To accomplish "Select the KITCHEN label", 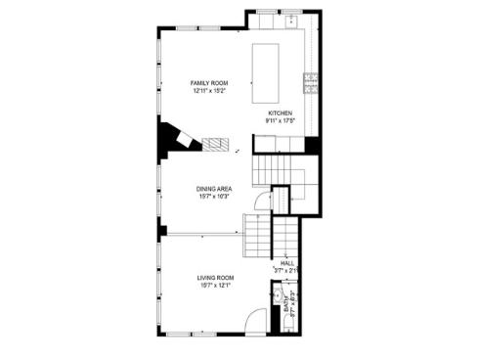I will [281, 112].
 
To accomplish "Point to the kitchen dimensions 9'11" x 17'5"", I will [281, 120].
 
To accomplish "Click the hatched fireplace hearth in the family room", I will [214, 145].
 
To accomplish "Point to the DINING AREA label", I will [213, 189].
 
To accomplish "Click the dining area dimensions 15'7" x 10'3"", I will [213, 197].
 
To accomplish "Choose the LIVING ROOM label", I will [215, 278].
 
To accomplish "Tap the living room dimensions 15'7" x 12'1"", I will [215, 286].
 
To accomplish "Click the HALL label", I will [287, 263].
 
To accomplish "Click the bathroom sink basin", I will [279, 294].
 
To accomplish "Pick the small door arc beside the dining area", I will [260, 202].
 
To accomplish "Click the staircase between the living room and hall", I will [256, 235].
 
